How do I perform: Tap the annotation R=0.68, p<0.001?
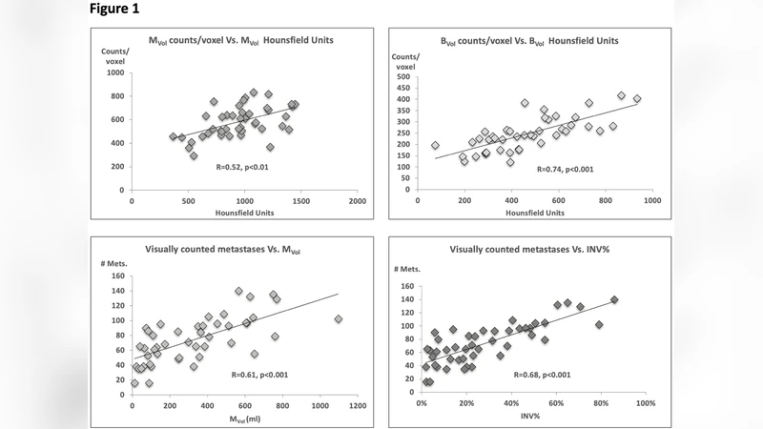point(529,374)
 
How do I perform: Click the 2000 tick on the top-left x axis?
point(358,201)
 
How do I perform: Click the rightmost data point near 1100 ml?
point(339,319)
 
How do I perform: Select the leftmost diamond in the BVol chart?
point(435,146)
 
